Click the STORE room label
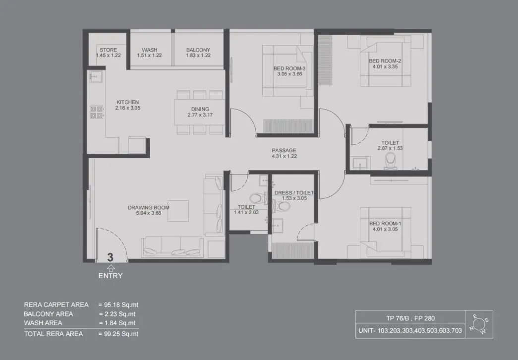(x=108, y=50)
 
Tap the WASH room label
(x=149, y=50)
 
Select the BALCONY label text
(x=198, y=50)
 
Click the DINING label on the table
(x=200, y=109)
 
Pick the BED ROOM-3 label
(x=289, y=68)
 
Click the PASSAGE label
(x=284, y=150)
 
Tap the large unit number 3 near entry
(x=110, y=257)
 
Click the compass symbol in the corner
(x=479, y=325)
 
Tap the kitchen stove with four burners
(x=96, y=112)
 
